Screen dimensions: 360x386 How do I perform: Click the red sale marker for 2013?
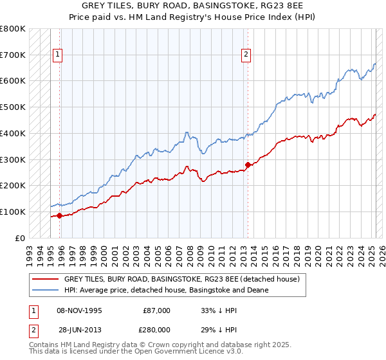(x=248, y=165)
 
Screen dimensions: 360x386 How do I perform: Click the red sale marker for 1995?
(x=60, y=215)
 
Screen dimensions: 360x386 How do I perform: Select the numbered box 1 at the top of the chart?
(x=58, y=55)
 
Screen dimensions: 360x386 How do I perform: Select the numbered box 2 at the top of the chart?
(x=246, y=55)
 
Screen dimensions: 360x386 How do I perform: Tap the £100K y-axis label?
(x=13, y=212)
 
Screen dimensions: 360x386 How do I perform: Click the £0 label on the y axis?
(x=19, y=238)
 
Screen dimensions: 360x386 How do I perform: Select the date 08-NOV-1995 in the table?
(x=79, y=310)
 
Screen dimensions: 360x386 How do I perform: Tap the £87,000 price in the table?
(x=156, y=310)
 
